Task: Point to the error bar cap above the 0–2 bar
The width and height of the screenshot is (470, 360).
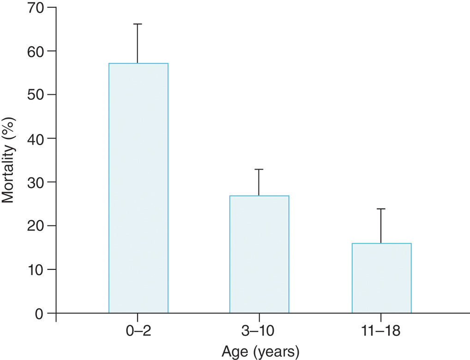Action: (x=138, y=24)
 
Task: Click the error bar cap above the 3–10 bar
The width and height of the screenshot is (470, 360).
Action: (x=259, y=170)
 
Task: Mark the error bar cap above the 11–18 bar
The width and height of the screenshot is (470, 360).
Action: (x=381, y=209)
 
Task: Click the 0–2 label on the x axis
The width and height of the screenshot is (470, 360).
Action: (x=138, y=332)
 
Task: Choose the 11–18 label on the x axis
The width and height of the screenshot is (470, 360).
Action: (x=381, y=332)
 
